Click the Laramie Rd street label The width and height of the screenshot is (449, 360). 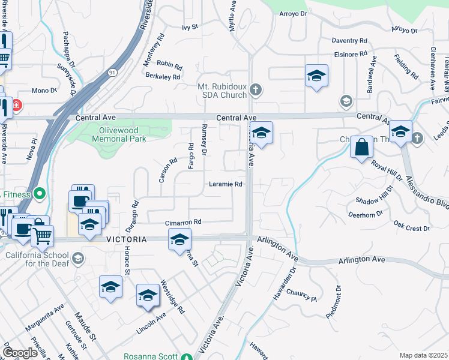point(226,184)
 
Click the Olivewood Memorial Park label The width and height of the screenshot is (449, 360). point(119,134)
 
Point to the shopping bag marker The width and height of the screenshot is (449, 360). point(362,148)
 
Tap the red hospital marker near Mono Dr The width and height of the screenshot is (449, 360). point(15,105)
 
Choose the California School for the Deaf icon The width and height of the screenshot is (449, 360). point(77,259)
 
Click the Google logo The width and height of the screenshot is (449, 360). point(20,353)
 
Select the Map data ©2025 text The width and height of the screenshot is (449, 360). point(423,355)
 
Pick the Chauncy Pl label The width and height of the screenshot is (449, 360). point(301,295)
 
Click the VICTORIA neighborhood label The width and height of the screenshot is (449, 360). point(127,239)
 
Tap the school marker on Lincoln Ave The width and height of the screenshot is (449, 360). point(147,295)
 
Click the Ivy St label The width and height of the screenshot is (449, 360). point(190,28)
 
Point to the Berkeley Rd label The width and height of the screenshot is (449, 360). point(163,77)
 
